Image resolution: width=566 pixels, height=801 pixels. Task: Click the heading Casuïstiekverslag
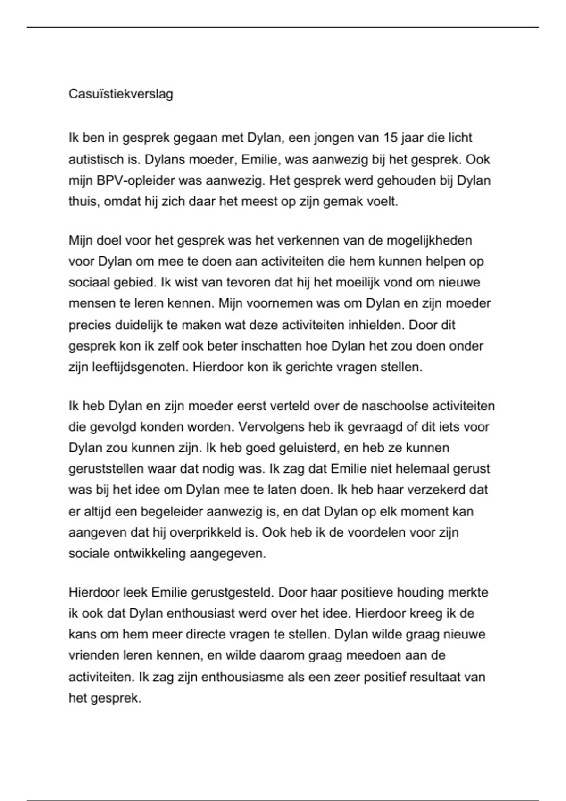click(121, 94)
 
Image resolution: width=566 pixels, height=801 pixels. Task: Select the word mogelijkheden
click(429, 241)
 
